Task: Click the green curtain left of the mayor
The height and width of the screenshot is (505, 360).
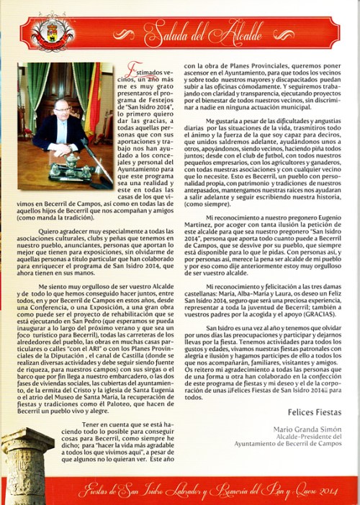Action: point(32,101)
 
